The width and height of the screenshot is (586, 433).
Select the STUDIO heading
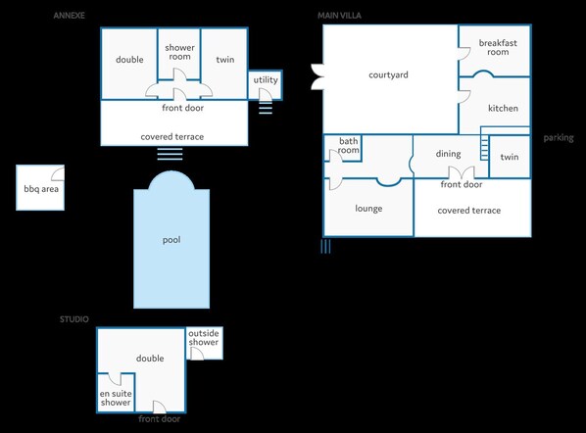[x=74, y=319]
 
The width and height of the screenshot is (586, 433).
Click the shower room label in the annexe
[x=178, y=52]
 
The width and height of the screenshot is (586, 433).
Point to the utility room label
[x=266, y=79]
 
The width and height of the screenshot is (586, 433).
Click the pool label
[x=171, y=239]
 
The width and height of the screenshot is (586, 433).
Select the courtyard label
[x=388, y=74]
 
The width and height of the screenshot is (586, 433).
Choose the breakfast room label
[x=498, y=47]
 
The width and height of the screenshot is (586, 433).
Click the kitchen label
[x=503, y=108]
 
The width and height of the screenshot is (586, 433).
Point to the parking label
[x=559, y=138]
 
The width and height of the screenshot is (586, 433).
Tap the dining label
[x=448, y=154]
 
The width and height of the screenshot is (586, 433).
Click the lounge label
[x=368, y=209]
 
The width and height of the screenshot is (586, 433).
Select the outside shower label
[x=204, y=337]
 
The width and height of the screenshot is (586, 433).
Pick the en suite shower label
[x=116, y=398]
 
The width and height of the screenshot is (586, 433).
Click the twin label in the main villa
[x=510, y=157]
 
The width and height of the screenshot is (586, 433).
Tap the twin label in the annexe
[x=225, y=59]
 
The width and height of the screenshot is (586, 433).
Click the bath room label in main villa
[x=350, y=146]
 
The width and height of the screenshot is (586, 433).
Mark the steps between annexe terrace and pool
[x=171, y=154]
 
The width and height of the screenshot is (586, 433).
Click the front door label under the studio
[x=159, y=419]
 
